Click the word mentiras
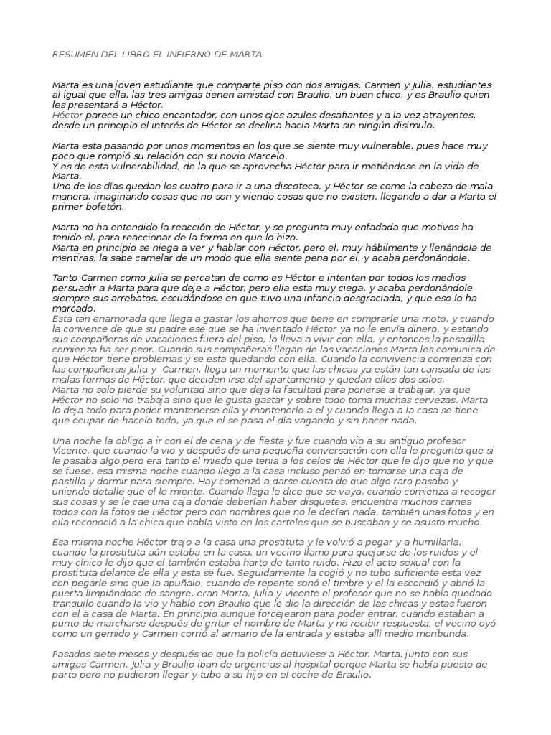click(73, 257)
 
